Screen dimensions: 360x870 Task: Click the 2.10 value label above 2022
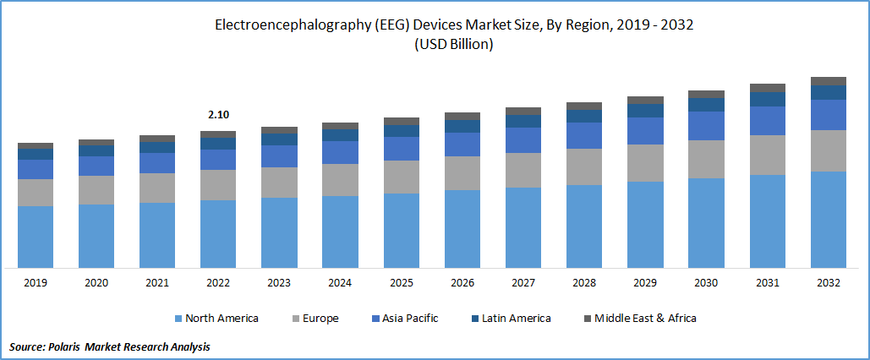click(218, 115)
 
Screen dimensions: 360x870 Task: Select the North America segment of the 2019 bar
click(36, 237)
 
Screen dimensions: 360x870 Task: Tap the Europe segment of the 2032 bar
click(829, 150)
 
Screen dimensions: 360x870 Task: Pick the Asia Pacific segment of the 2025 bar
click(401, 149)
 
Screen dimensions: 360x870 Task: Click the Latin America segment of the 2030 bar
click(706, 105)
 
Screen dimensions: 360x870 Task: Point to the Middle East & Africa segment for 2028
click(584, 106)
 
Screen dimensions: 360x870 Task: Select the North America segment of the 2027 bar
click(523, 227)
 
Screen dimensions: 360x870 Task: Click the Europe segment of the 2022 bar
click(218, 185)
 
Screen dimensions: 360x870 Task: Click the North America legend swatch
click(178, 319)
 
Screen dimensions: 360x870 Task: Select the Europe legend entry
click(316, 319)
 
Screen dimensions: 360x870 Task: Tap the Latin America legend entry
click(516, 319)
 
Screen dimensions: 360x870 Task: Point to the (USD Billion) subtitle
click(453, 45)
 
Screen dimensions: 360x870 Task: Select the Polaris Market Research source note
click(110, 346)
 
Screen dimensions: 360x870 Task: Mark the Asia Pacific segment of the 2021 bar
click(157, 163)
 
